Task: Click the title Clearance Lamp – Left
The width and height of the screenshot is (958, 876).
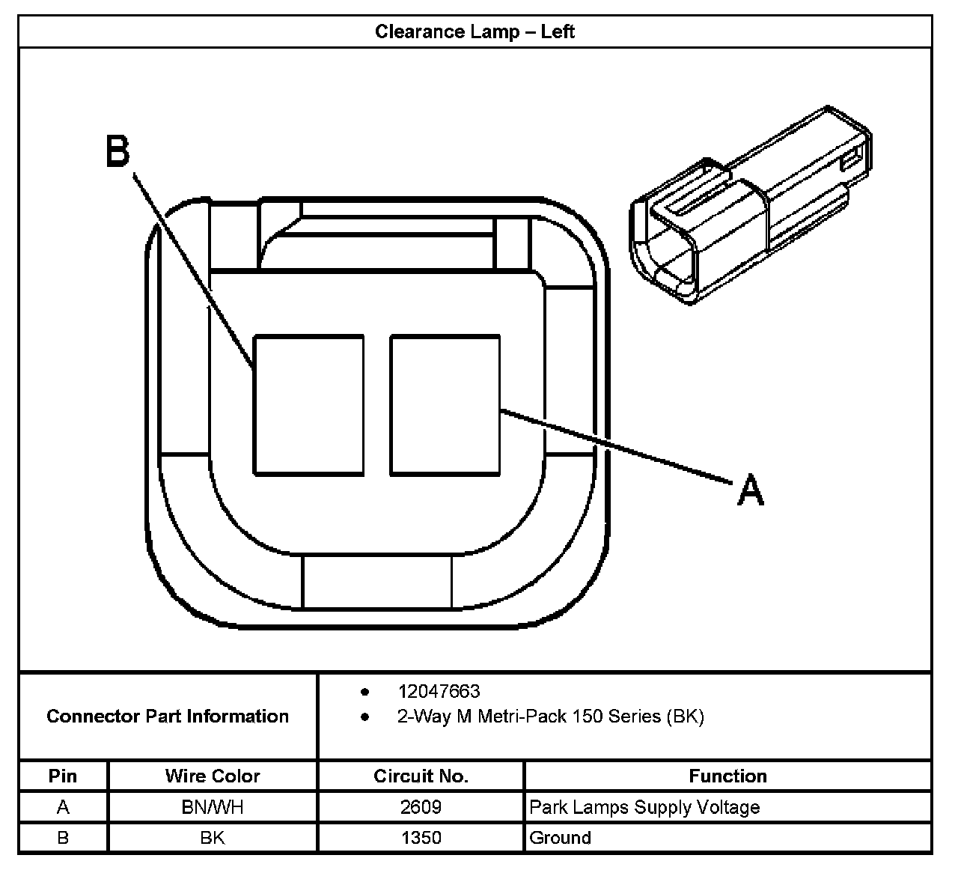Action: pos(475,31)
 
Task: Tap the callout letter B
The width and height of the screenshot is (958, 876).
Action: pos(118,151)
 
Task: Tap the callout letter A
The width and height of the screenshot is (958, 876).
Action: pos(751,491)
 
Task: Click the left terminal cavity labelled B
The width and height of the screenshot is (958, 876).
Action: pos(308,404)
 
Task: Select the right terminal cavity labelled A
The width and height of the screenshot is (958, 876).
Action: pos(445,404)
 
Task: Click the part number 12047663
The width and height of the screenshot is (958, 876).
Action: pos(439,691)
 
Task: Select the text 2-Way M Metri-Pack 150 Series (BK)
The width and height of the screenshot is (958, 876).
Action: pos(550,717)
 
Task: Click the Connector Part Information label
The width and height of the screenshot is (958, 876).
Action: pos(168,717)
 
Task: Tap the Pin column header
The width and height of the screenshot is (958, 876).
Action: pos(63,776)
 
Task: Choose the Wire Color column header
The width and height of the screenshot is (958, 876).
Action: pos(213,776)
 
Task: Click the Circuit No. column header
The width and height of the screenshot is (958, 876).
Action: pos(421,776)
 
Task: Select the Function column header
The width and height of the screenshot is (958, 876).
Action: pos(727,776)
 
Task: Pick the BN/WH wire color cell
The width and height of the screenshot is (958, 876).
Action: pos(213,807)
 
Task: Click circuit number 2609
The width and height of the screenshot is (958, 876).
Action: pos(421,807)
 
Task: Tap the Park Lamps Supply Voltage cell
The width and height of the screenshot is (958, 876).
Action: pos(644,807)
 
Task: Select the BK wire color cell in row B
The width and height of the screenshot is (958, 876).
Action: pos(213,837)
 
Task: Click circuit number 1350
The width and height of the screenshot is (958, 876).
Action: pos(421,837)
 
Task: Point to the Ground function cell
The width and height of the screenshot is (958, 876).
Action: pos(560,837)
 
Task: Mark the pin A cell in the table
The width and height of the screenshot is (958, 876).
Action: pos(63,807)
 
